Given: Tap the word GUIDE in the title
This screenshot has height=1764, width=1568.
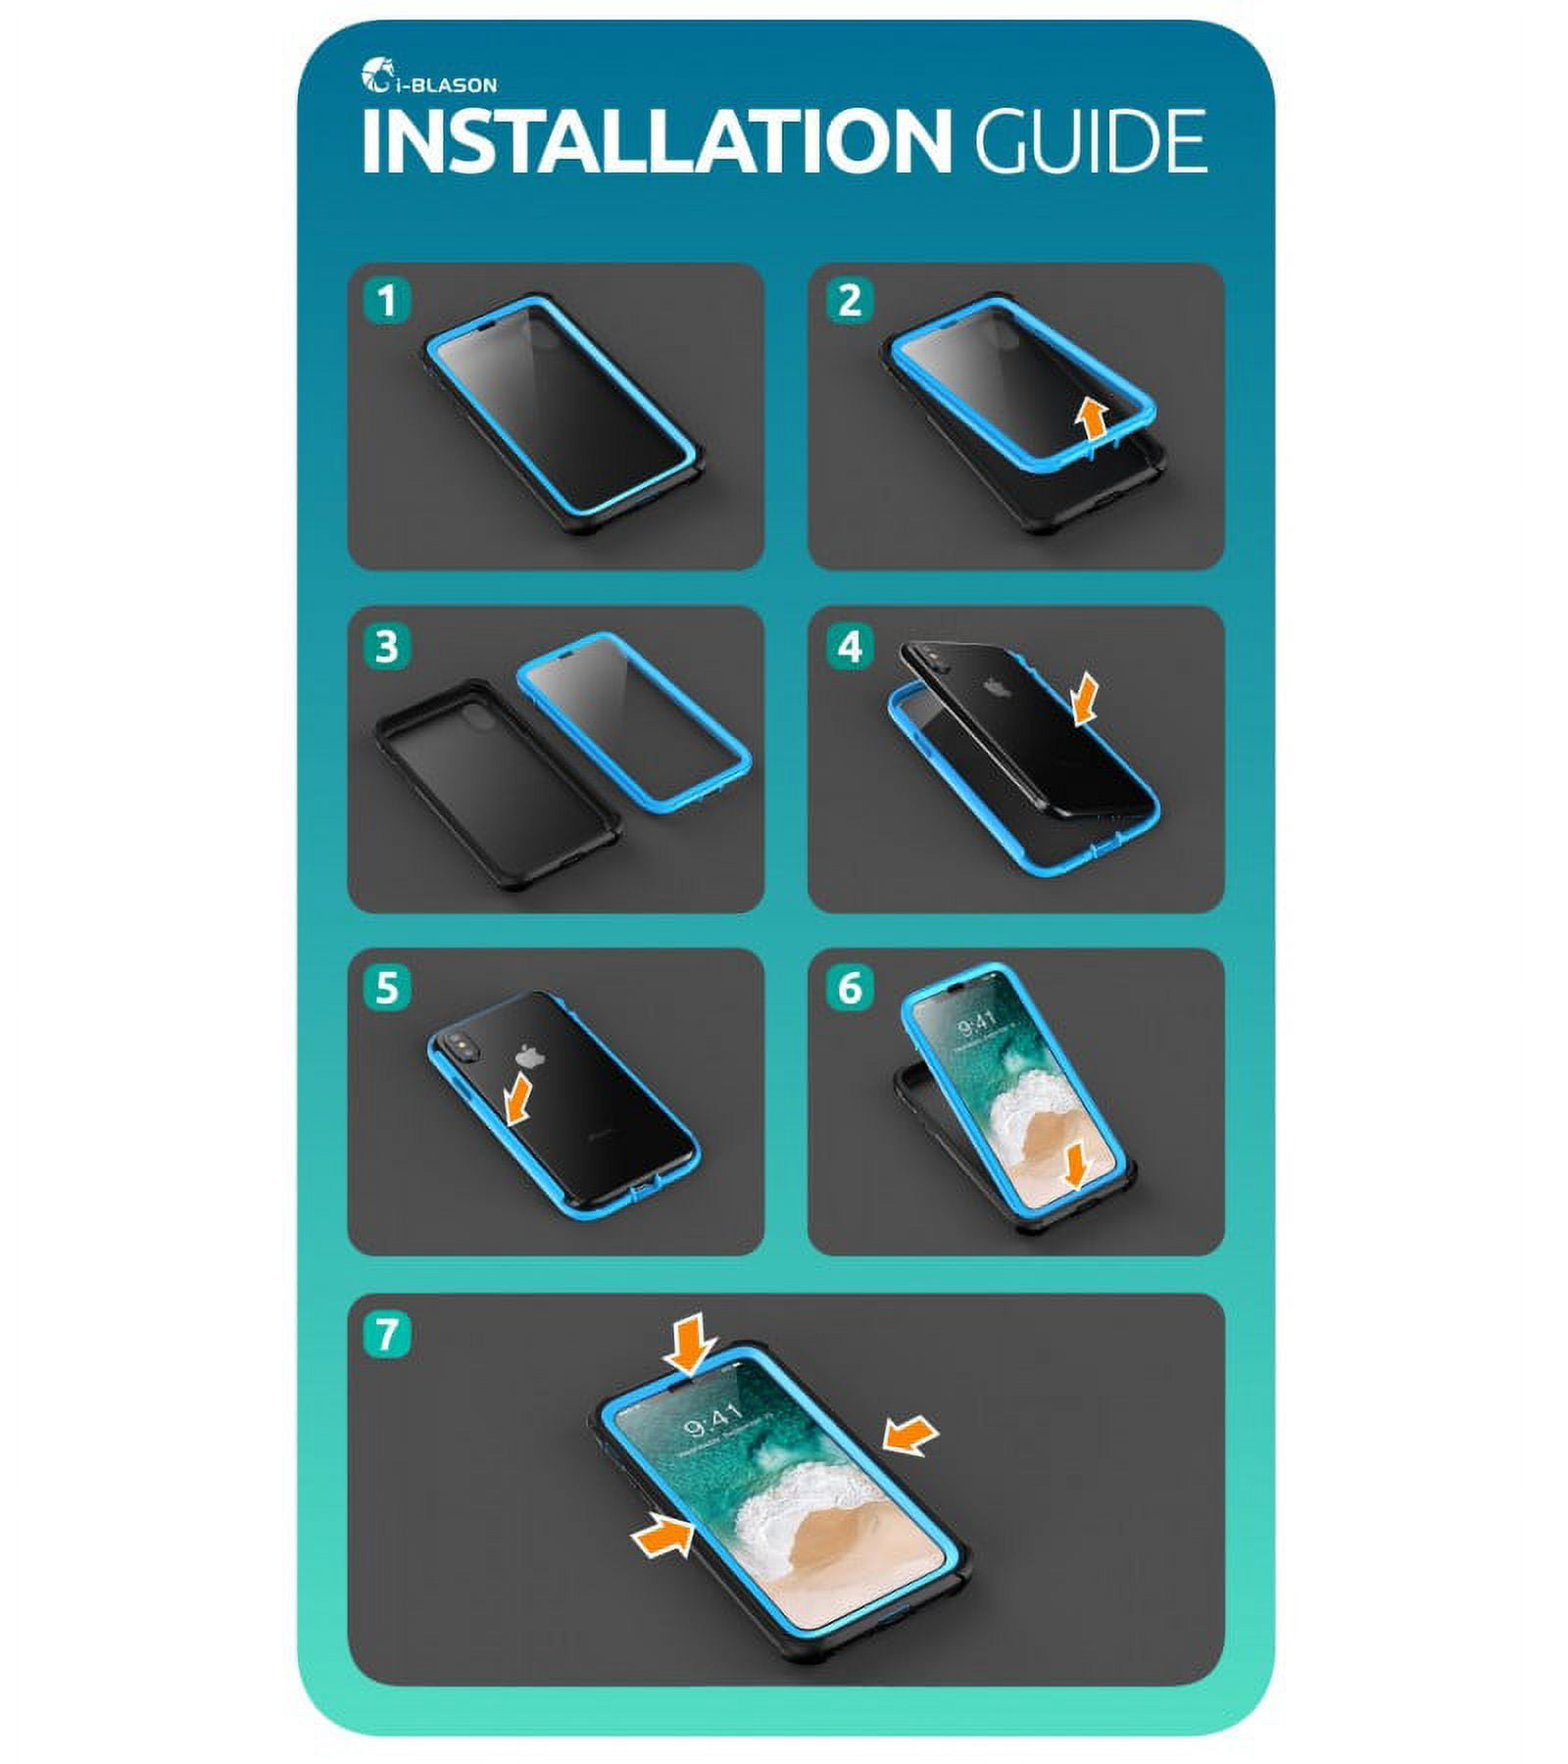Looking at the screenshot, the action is tap(1090, 141).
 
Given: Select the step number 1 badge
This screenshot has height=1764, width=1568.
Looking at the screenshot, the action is tap(387, 300).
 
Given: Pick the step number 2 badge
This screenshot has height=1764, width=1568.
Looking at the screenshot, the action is tap(849, 300).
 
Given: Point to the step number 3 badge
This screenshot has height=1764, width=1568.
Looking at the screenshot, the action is tap(387, 647).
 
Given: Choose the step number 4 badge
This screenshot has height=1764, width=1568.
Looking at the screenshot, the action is tap(849, 647).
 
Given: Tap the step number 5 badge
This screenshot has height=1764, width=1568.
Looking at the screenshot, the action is tap(387, 988).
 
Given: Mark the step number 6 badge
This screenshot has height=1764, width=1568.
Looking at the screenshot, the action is tap(849, 988).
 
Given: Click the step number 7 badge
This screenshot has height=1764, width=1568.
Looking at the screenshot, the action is tap(387, 1334).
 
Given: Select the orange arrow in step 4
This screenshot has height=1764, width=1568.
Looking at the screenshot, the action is tap(1085, 702).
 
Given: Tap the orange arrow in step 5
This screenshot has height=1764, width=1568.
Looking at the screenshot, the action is tap(519, 1099).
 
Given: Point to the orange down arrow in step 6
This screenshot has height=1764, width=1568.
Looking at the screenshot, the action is tap(1077, 1167).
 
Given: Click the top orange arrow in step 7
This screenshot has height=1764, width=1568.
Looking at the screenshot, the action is tap(690, 1343).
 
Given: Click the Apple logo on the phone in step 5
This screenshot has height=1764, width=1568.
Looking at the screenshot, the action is tap(530, 1057).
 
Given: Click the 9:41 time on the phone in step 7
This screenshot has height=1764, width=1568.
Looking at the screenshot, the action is tap(711, 1418).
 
